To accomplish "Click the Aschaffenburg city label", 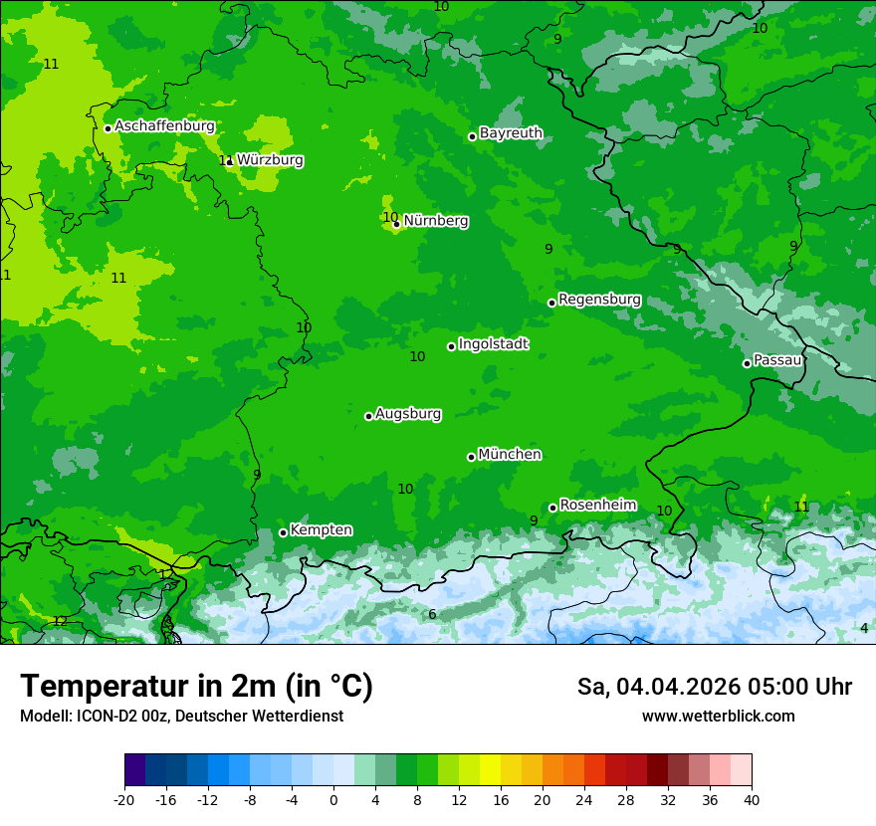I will pyautogui.click(x=164, y=126).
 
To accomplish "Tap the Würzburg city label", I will pyautogui.click(x=270, y=160).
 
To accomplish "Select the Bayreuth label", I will pyautogui.click(x=511, y=133).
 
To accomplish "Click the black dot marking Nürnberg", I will pyautogui.click(x=396, y=224).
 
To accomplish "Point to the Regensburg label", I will pyautogui.click(x=599, y=300).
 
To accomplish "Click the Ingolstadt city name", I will pyautogui.click(x=493, y=344).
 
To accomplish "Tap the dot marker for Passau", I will pyautogui.click(x=747, y=363).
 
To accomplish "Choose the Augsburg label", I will pyautogui.click(x=408, y=414).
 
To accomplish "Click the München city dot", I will pyautogui.click(x=471, y=457).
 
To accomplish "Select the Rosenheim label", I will pyautogui.click(x=597, y=506).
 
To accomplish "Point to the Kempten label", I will pyautogui.click(x=321, y=530).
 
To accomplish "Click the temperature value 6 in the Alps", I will pyautogui.click(x=432, y=615).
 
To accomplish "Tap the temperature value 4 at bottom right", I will pyautogui.click(x=864, y=628).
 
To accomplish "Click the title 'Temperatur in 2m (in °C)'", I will pyautogui.click(x=196, y=687).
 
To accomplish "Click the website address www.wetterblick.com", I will pyautogui.click(x=718, y=717).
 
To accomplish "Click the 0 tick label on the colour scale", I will pyautogui.click(x=333, y=800).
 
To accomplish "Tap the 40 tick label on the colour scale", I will pyautogui.click(x=751, y=800).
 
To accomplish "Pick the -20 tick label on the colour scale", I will pyautogui.click(x=124, y=800).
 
